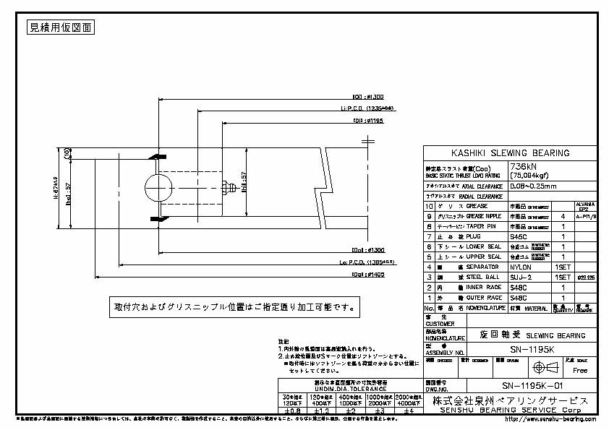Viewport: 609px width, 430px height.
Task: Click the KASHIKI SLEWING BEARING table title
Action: coord(510,153)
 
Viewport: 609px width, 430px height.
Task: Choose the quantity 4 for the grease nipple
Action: coord(562,216)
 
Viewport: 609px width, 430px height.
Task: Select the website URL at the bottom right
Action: coord(550,418)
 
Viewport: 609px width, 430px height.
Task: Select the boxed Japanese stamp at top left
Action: coord(61,28)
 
